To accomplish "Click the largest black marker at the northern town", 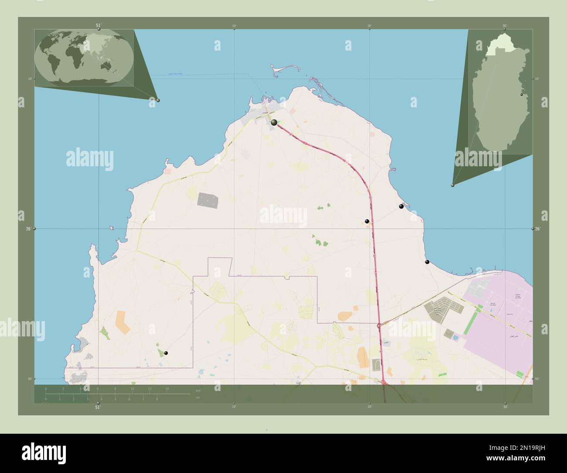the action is coord(274,123).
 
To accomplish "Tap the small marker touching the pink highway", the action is coord(367,221).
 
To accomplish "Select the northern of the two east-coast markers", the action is coord(401,206).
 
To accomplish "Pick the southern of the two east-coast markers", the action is coord(427,262).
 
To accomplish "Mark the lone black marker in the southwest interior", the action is coord(166,353).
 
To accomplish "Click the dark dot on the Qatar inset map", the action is coord(522,94).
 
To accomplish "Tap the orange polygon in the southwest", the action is coord(123,322).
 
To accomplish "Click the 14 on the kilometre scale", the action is coord(167,388).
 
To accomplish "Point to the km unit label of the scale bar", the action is coord(198,390).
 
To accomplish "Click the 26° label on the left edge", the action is coord(29,229).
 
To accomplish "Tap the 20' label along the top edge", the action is coord(369,26).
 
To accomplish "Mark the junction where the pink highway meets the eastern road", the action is coord(379,325).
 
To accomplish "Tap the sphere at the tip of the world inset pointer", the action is coord(158,100).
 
